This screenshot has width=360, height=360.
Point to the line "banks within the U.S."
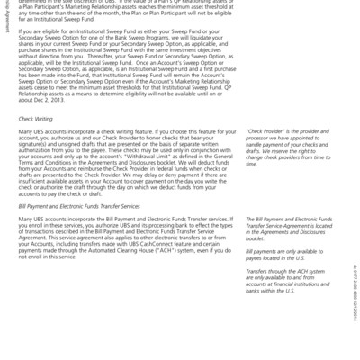coord(276,292)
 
